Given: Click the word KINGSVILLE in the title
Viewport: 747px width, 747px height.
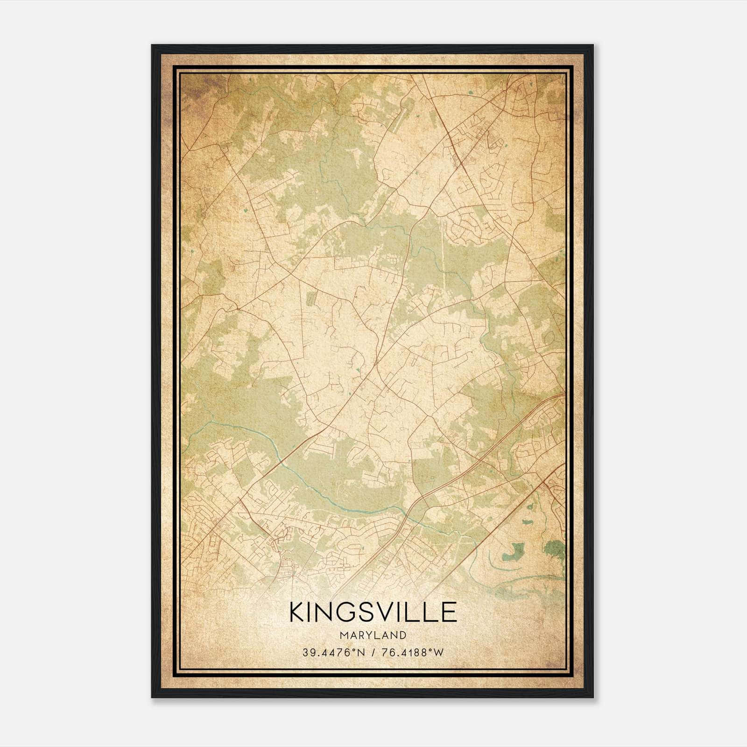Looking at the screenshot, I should pos(373,612).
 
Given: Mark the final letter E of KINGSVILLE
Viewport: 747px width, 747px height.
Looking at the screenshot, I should pos(448,612).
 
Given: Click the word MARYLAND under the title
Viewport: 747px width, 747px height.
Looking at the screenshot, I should pos(373,635).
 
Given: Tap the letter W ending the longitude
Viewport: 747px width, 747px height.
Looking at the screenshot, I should pos(438,653).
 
